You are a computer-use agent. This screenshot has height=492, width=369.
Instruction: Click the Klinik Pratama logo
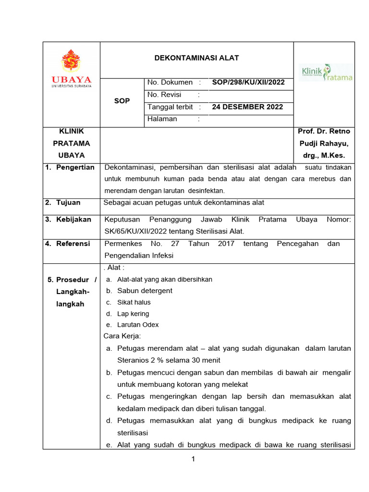pos(326,73)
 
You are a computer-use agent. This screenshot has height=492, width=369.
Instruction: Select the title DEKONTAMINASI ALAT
pos(196,58)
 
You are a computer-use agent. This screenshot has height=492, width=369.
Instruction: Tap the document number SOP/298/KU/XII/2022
pos(248,83)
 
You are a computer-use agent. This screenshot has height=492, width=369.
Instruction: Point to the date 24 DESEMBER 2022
pos(247,107)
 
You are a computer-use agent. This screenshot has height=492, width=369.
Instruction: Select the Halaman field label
pos(162,119)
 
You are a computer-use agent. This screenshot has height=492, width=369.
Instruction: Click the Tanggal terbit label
pos(170,107)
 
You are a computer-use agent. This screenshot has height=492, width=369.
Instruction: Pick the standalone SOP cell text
pos(122,101)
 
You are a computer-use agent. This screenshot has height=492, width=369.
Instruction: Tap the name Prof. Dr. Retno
pos(324,131)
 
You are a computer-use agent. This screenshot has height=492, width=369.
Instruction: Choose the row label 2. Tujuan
pos(62,202)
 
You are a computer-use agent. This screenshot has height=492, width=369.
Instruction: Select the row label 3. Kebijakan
pos(68,219)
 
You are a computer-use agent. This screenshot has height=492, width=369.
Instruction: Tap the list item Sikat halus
pos(134,302)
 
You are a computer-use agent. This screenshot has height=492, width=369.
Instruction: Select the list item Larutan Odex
pos(138,325)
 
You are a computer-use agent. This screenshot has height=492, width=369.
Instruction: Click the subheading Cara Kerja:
pos(123,336)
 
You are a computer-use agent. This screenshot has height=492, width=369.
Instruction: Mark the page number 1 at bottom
pos(193,459)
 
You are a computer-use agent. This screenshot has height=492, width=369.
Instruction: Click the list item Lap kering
pos(133,314)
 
